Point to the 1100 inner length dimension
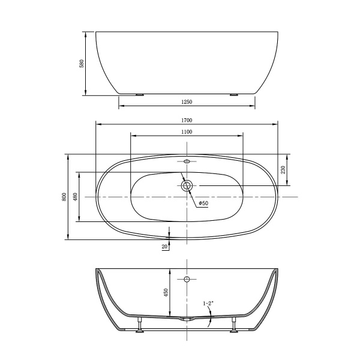tap(187, 131)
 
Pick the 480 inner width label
tap(75, 197)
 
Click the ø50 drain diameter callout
tap(203, 203)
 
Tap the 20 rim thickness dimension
tap(164, 246)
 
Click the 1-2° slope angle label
tap(208, 304)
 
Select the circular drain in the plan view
tap(187, 185)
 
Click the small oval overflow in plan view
tap(187, 161)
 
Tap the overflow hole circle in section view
tap(187, 280)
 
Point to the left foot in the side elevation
tap(140, 94)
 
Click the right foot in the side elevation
tap(233, 94)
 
